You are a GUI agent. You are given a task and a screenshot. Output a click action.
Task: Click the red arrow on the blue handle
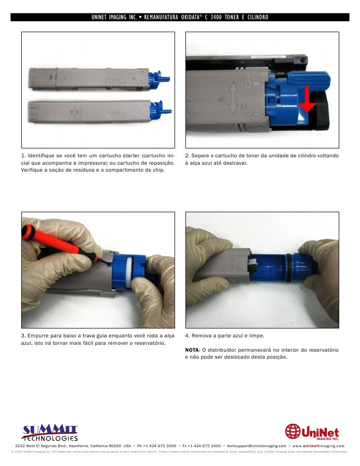pos(307,99)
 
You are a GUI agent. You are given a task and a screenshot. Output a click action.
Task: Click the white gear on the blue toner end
pos(129,272)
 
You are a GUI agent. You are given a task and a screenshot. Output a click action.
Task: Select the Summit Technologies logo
pos(49,433)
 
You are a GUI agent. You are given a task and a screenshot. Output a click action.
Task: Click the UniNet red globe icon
pos(293,431)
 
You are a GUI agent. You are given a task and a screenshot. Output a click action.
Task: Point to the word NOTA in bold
pos(192,350)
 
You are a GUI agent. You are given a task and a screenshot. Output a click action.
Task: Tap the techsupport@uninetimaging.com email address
pos(256,446)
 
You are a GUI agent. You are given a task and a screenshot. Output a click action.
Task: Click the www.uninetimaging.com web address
pos(318,446)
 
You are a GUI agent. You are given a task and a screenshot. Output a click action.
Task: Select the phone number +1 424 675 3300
pos(160,446)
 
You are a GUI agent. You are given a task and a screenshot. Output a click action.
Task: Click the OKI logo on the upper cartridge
pos(116,81)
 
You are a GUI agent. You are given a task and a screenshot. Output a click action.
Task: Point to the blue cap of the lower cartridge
pos(160,110)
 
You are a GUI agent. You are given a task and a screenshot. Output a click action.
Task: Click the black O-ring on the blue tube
pos(288,268)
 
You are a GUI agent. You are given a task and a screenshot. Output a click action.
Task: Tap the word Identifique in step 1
pos(41,155)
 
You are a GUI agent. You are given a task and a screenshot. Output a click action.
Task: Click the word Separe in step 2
pos(200,155)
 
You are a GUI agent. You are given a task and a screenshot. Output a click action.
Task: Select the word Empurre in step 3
pos(38,335)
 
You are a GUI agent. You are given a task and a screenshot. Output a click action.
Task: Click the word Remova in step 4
pos(200,335)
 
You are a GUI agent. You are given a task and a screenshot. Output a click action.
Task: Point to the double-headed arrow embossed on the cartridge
pos(234,98)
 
